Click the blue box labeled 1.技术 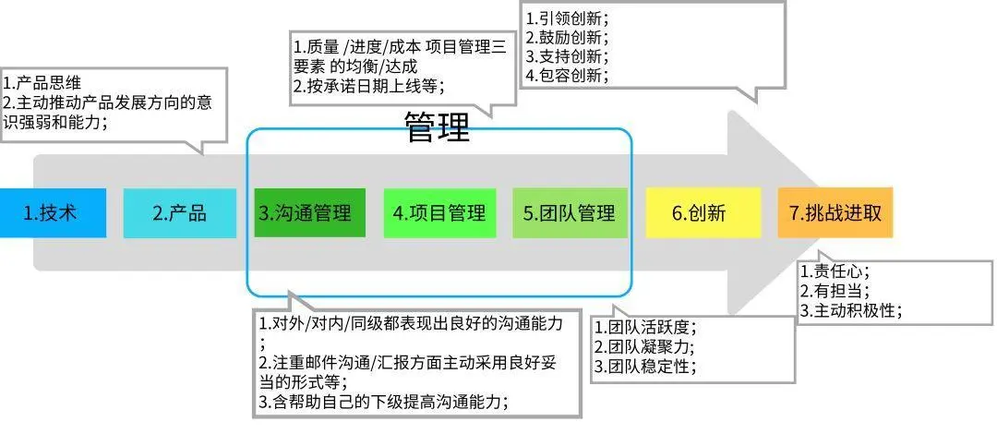(53, 212)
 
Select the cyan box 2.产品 (179, 212)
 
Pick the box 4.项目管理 (439, 212)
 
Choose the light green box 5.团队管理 (570, 212)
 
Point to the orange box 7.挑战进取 (835, 212)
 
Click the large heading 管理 (438, 128)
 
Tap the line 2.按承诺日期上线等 (369, 86)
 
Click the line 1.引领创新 (567, 18)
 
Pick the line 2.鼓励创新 (567, 38)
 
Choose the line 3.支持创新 (567, 56)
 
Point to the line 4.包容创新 (567, 75)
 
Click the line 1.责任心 (835, 271)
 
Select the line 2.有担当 (835, 291)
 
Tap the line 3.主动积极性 (850, 310)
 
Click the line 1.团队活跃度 (644, 328)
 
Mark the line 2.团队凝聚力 (644, 347)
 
